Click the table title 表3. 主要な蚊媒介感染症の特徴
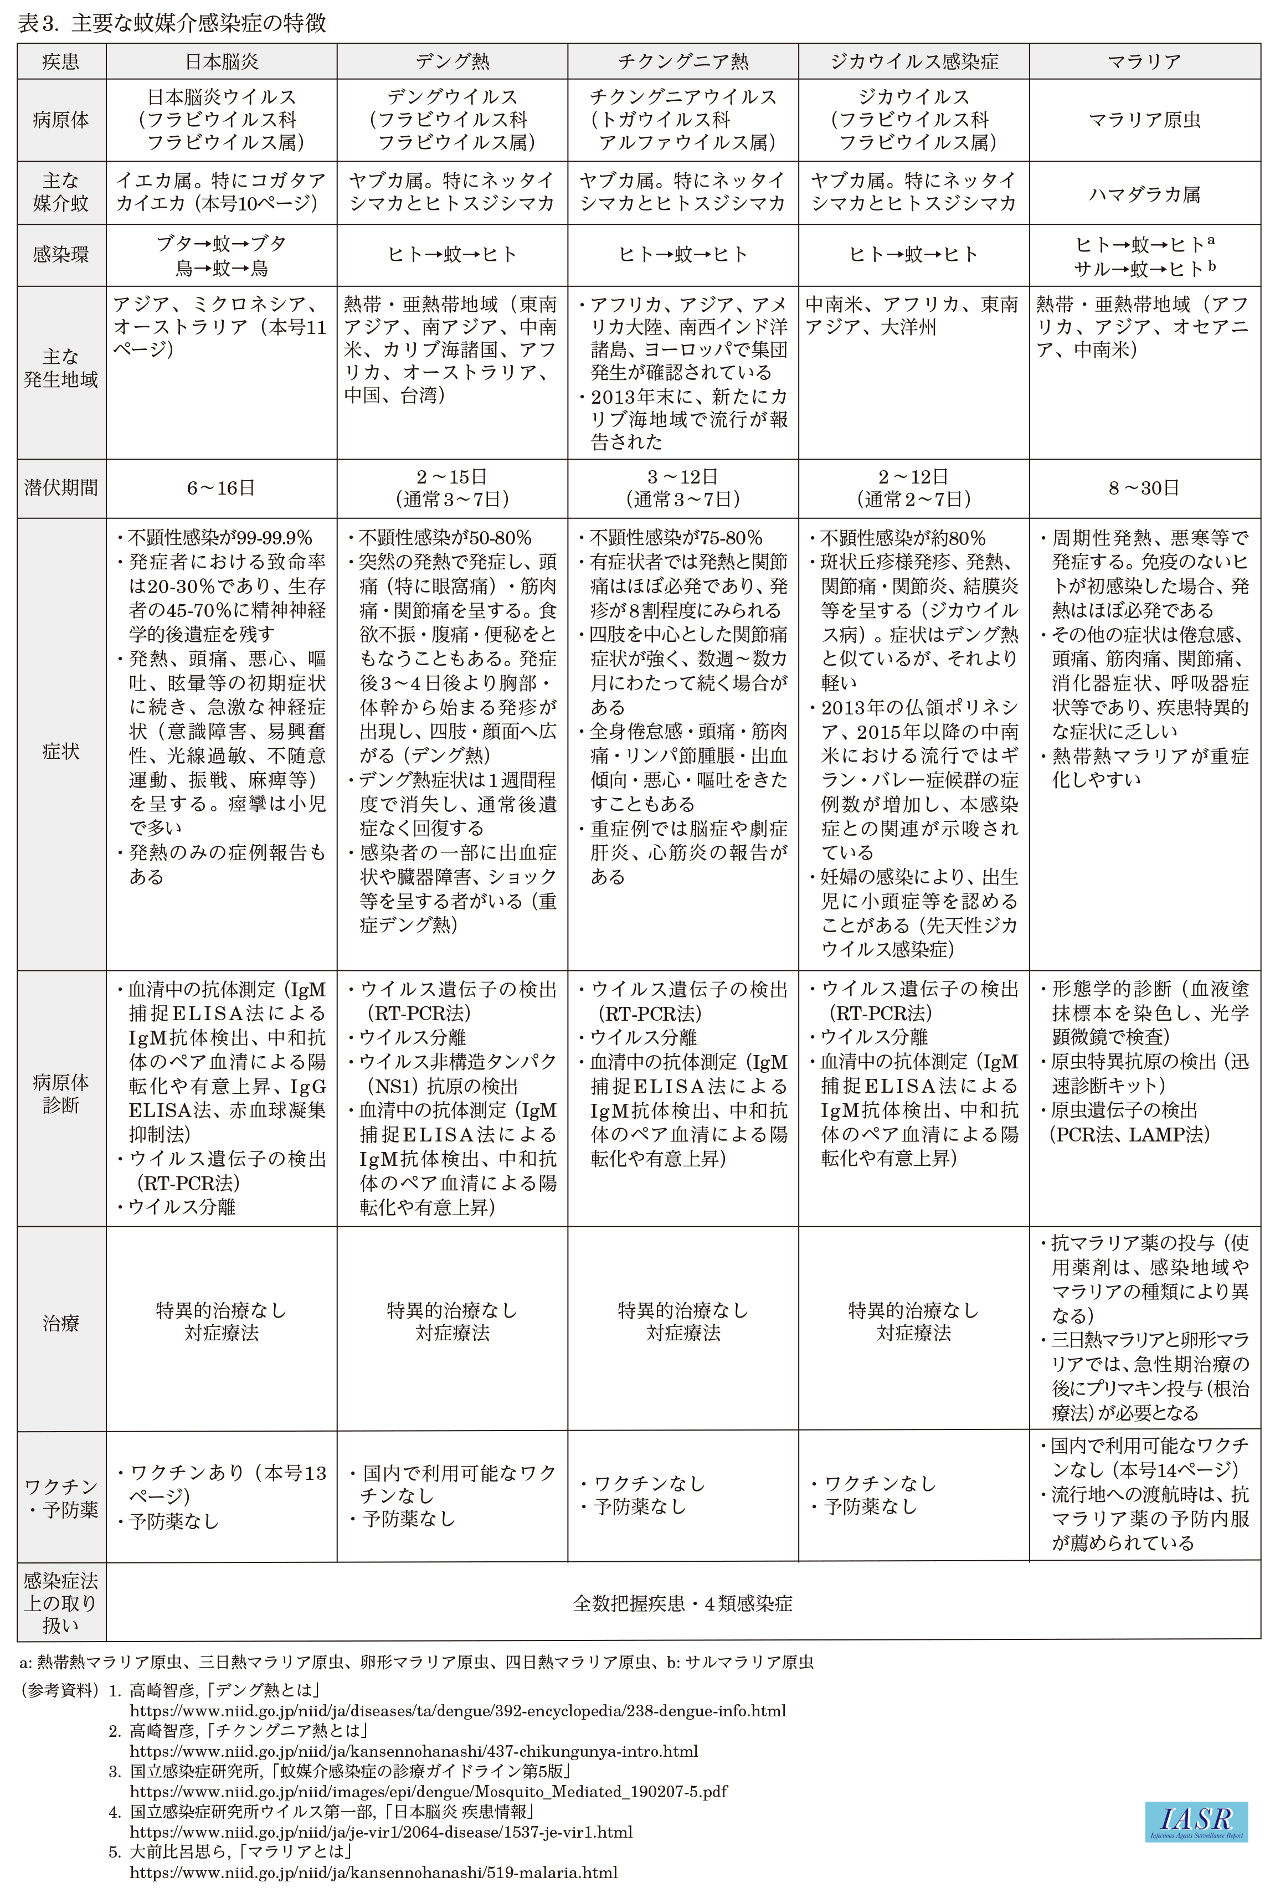click(x=172, y=23)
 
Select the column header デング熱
click(x=452, y=61)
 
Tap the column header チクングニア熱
click(x=683, y=61)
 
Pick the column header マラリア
click(x=1144, y=61)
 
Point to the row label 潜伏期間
click(x=61, y=488)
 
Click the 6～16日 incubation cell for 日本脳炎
click(x=221, y=488)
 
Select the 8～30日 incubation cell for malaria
click(x=1144, y=488)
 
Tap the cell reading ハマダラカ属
click(x=1144, y=193)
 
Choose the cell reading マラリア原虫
click(x=1144, y=120)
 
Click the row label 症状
click(x=61, y=751)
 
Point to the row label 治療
click(x=61, y=1323)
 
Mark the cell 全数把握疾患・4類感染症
click(x=683, y=1603)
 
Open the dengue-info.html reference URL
click(x=458, y=1710)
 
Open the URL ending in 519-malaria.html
click(x=373, y=1872)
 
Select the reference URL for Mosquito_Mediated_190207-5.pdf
click(x=429, y=1791)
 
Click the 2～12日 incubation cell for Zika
click(x=913, y=488)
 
